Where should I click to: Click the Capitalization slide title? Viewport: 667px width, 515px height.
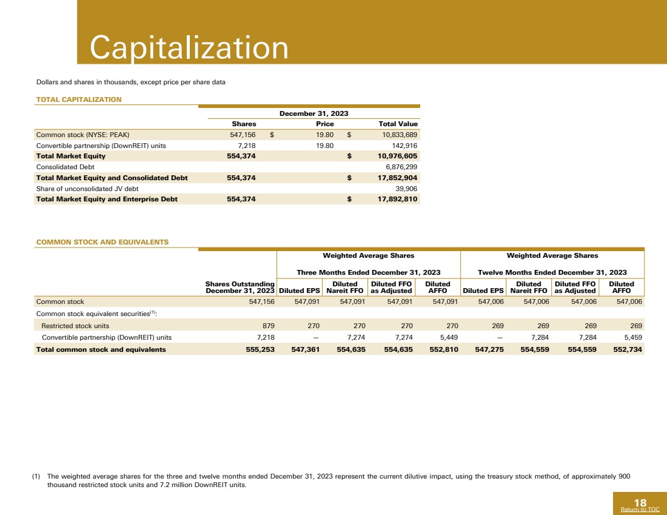189,48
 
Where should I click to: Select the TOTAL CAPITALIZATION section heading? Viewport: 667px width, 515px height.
79,99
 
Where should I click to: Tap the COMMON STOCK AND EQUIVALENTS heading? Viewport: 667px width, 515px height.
102,242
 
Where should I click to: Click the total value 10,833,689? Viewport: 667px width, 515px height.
395,135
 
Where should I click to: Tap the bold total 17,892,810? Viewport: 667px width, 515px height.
394,199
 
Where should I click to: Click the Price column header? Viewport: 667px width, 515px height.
325,124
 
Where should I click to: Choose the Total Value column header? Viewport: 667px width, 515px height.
398,124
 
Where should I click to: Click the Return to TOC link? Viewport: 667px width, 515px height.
640,510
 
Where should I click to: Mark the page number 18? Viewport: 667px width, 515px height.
640,502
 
